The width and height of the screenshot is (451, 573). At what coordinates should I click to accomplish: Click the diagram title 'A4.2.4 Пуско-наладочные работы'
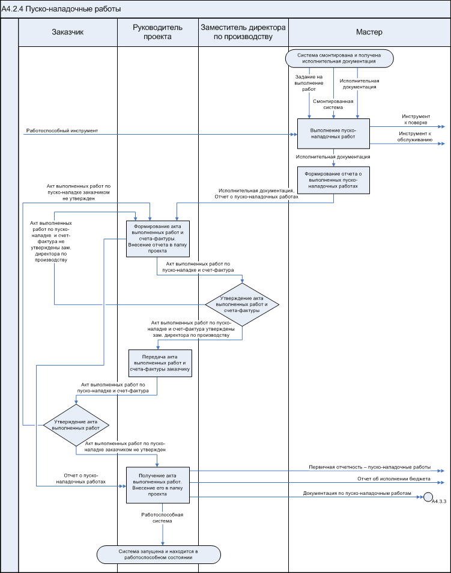[x=61, y=9]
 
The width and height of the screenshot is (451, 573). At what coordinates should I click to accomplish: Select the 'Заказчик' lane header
[x=67, y=32]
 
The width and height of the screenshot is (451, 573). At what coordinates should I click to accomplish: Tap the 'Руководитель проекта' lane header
[x=157, y=32]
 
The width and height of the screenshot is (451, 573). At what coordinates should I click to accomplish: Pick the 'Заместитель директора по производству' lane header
[x=243, y=32]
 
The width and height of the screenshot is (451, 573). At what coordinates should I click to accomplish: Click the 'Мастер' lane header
[x=369, y=32]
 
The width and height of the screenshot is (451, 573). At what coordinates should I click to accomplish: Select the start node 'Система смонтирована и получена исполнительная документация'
[x=340, y=58]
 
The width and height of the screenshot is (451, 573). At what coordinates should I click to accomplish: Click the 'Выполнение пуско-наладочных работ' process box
[x=333, y=133]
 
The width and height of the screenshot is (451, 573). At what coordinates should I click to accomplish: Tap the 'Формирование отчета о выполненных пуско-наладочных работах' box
[x=333, y=179]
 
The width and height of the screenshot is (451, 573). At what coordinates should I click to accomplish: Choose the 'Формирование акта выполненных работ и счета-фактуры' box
[x=158, y=239]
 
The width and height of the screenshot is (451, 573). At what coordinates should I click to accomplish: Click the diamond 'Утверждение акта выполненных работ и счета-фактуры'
[x=242, y=304]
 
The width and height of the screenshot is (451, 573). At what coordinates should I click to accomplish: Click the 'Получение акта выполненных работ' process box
[x=157, y=484]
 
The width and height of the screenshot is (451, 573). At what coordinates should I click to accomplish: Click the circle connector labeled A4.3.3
[x=428, y=497]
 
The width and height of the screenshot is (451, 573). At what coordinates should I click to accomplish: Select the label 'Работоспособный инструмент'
[x=62, y=130]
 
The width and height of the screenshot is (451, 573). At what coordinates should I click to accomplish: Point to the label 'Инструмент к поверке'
[x=415, y=118]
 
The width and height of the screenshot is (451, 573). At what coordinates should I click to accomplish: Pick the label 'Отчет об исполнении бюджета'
[x=394, y=479]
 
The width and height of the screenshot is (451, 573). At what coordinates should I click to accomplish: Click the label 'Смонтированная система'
[x=331, y=104]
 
